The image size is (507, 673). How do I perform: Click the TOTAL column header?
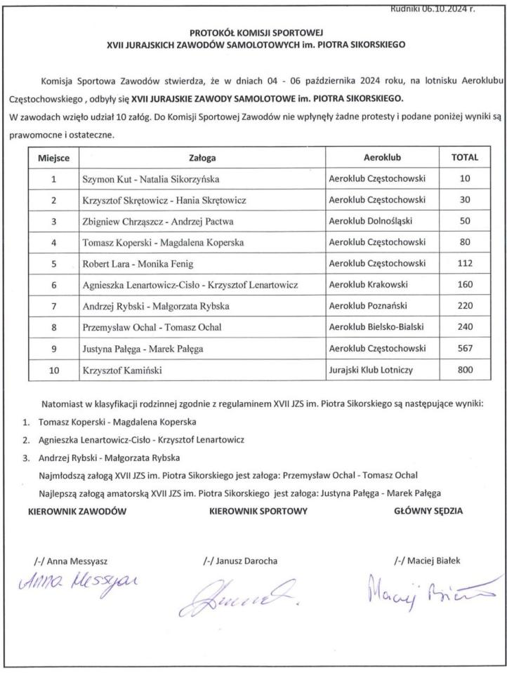tap(464, 158)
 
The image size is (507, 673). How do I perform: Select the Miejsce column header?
tap(53, 158)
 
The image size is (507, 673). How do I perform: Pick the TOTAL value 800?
tap(464, 371)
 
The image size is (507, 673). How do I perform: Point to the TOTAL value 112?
tap(464, 264)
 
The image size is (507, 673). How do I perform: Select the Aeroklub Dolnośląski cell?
tap(371, 221)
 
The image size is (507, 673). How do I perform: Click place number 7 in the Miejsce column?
tap(53, 307)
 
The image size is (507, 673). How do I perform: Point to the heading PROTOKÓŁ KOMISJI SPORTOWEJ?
tap(253, 32)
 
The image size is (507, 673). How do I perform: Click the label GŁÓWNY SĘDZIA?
tap(428, 511)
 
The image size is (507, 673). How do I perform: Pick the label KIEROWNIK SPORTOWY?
tap(258, 511)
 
